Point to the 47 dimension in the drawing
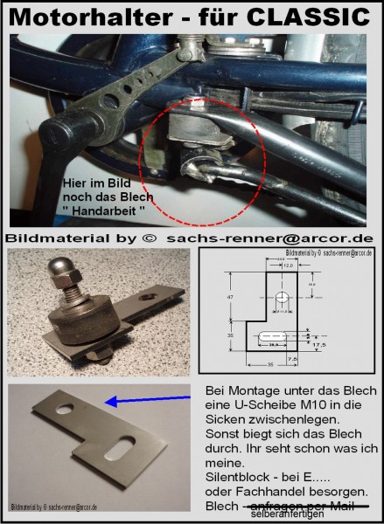pos(229,298)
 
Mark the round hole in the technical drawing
pos(281,298)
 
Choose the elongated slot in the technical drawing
pos(280,337)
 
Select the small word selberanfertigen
pos(292,514)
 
